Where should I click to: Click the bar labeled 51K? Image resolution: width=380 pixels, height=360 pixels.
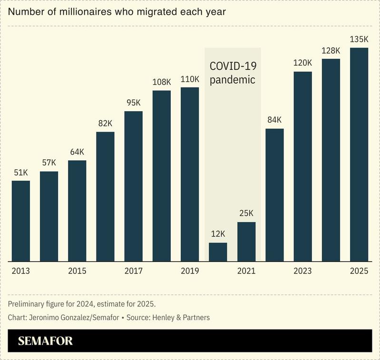coord(21,221)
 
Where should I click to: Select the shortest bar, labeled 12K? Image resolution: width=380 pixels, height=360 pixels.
coord(218,252)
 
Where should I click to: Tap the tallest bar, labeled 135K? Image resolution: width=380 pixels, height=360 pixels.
coord(359,155)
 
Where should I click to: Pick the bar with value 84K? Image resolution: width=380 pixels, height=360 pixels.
coord(274,195)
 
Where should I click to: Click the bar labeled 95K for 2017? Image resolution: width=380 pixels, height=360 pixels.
coord(133,186)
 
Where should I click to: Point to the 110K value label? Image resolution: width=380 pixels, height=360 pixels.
coord(190,79)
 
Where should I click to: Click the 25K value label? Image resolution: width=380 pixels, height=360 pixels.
coord(246,214)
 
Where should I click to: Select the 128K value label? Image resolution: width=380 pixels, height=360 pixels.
coord(331,50)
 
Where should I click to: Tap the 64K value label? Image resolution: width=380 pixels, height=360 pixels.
coord(77,152)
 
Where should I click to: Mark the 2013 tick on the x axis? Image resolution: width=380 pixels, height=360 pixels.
coord(21,271)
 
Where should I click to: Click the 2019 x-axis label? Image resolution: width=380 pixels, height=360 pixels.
coord(190,271)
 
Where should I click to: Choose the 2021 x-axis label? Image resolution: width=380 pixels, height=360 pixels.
coord(246,271)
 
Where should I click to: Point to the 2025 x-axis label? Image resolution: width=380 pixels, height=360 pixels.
coord(359,271)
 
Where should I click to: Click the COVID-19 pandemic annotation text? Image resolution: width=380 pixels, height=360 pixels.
coord(233,73)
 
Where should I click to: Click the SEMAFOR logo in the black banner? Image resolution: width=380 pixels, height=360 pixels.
coord(45,341)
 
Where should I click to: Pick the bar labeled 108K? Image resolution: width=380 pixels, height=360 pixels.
coord(162,176)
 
